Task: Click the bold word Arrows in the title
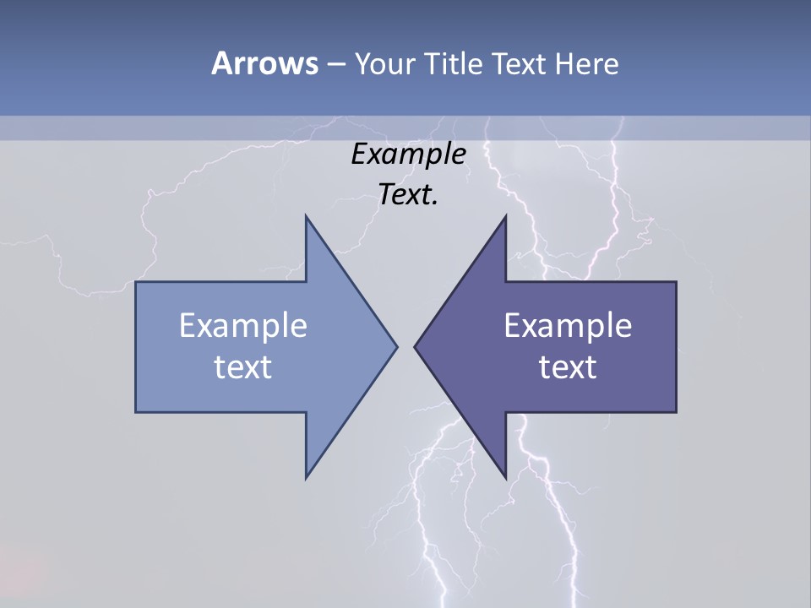tap(264, 63)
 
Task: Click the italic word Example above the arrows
tap(408, 154)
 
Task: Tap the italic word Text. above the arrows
tap(408, 195)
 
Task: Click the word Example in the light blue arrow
tap(243, 325)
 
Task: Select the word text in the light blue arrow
tap(243, 366)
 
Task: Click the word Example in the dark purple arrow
tap(568, 325)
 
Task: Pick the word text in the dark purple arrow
tap(568, 366)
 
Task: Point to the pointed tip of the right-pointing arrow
tap(396, 346)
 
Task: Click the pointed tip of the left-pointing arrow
tap(415, 346)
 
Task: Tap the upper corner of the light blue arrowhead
tap(306, 217)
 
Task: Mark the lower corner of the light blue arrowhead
tap(306, 478)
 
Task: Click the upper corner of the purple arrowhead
tap(505, 217)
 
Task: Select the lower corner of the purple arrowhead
tap(505, 478)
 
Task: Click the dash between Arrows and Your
tap(335, 64)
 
